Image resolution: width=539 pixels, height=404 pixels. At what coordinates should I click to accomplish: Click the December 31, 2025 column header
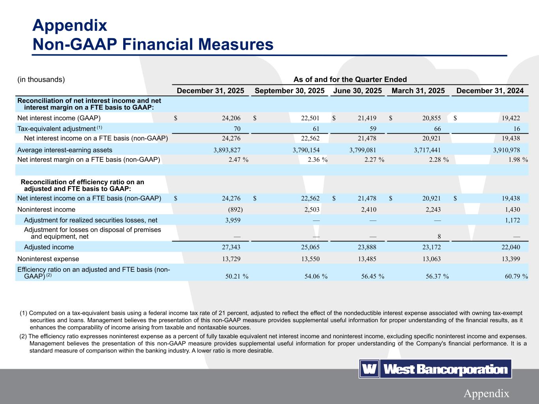coord(210,91)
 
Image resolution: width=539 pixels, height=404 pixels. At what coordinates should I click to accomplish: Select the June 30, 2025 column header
coord(357,91)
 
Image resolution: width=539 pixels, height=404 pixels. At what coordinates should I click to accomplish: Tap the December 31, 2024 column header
coord(490,91)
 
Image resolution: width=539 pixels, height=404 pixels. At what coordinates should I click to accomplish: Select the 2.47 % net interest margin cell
coord(238,160)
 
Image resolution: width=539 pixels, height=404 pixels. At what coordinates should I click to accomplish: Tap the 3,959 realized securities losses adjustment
coord(232,220)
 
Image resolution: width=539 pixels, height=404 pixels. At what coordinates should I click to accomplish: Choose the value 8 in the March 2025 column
coord(439,237)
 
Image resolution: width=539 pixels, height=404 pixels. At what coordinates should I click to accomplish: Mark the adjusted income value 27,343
coord(231,247)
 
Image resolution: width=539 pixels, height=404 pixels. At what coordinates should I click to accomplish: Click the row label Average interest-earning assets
coord(65,150)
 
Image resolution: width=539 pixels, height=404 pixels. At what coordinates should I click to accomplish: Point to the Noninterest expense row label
coord(48,259)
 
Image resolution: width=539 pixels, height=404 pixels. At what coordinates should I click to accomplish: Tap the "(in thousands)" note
coord(41,79)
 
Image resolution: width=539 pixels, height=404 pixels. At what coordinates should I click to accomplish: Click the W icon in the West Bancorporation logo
coord(369,369)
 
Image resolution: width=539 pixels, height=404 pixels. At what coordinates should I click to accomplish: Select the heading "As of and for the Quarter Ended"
coord(350,79)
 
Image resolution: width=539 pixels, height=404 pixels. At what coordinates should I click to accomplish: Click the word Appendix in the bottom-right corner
coord(486,393)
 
